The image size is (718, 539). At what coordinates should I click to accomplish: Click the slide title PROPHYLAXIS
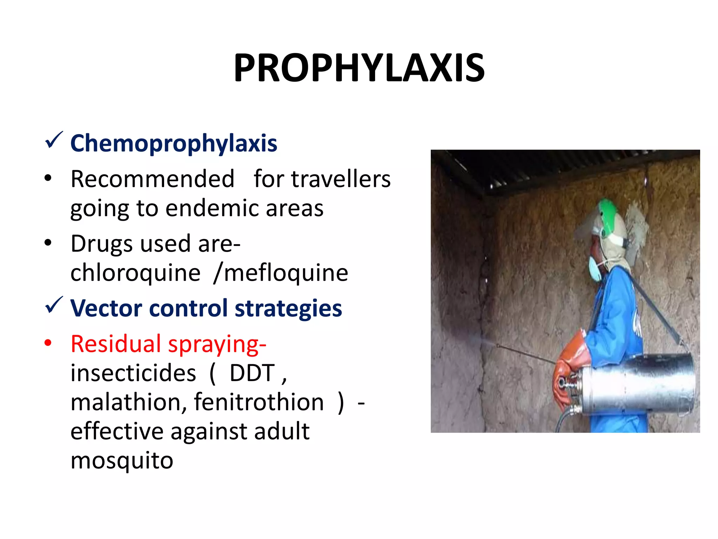click(x=359, y=67)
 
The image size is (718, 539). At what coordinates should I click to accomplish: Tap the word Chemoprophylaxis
click(x=174, y=143)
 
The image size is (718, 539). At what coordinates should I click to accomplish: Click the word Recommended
click(x=153, y=179)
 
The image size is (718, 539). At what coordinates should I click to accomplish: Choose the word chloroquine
click(x=135, y=273)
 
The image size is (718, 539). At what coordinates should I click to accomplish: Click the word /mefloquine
click(x=281, y=273)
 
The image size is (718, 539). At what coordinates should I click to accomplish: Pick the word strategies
click(x=288, y=308)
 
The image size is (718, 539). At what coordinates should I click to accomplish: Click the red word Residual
click(x=116, y=344)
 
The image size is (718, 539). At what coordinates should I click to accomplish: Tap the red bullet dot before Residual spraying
click(x=48, y=343)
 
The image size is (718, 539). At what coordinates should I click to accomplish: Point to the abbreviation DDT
click(x=252, y=373)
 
